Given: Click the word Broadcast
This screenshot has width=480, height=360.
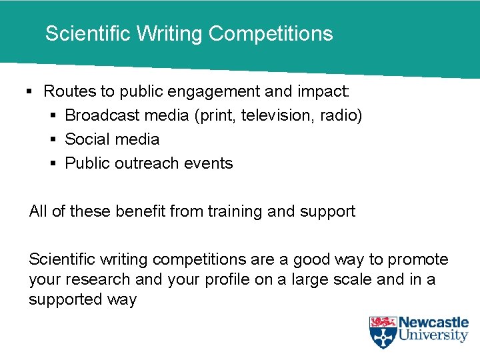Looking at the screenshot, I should click(102, 115).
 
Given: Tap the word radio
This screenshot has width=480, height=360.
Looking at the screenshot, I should click(339, 115).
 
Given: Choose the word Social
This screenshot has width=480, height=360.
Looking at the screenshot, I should click(86, 139).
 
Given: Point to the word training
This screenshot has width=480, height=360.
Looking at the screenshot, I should click(235, 212).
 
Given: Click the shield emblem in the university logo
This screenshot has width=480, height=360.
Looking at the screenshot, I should click(383, 332).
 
